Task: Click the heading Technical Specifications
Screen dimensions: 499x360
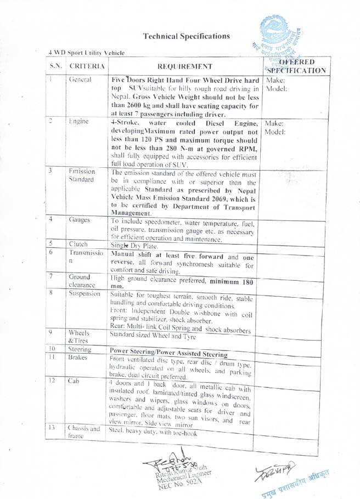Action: tap(186, 36)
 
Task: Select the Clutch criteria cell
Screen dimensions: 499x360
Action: tap(78, 244)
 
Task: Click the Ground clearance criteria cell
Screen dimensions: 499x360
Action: tap(82, 281)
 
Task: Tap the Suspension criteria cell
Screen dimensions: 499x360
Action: tap(85, 293)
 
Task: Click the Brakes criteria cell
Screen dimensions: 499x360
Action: tap(78, 357)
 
